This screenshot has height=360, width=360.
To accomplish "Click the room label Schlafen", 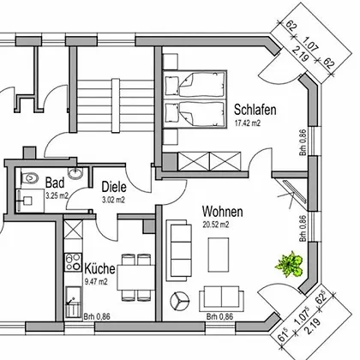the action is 255,110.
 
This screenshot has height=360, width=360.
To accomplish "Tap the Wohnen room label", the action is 223,212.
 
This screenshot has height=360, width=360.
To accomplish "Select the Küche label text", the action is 99,268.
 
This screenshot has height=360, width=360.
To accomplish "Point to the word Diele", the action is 114,187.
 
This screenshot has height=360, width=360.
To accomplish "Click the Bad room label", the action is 55,183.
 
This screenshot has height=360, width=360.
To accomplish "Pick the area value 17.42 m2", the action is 248,123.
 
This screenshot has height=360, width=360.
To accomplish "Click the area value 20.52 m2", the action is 216,225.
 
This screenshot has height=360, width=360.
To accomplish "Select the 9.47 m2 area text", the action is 96,282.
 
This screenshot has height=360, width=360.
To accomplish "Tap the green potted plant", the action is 289,263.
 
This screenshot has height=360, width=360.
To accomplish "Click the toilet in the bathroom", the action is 30,178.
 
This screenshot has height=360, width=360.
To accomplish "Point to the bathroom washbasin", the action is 75,173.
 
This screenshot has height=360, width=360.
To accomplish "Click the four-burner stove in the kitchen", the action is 73,262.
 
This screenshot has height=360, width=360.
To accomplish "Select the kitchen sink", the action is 73,302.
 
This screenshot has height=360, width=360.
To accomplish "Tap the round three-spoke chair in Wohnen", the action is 180,301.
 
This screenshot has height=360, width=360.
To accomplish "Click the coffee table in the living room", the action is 219,255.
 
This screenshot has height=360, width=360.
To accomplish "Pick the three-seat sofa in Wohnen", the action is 179,250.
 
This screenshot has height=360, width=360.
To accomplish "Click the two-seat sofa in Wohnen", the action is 221,298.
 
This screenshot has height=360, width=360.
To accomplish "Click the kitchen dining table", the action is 135,278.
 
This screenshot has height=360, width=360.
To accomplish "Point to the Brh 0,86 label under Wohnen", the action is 219,316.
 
